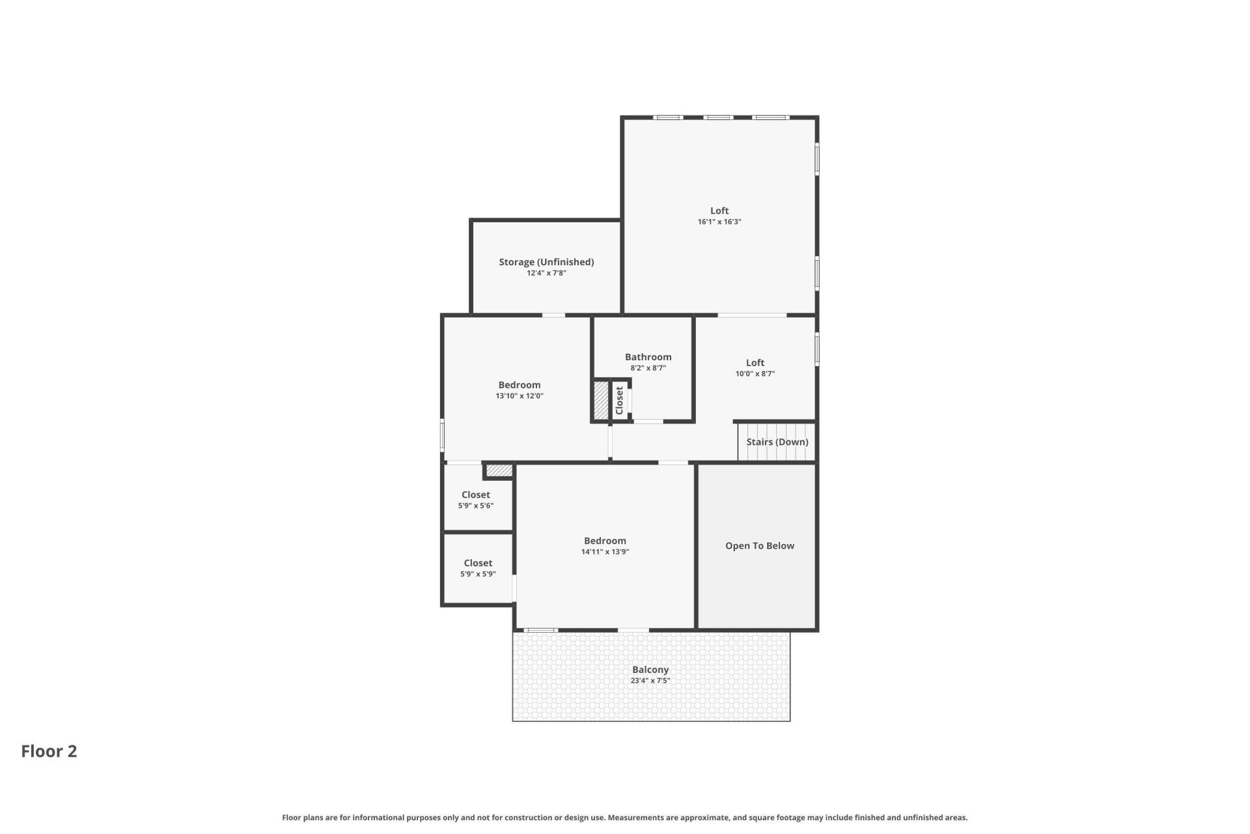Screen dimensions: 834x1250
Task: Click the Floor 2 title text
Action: coord(49,751)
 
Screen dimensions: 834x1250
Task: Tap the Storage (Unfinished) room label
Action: coord(546,262)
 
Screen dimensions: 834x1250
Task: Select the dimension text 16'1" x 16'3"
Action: coord(719,222)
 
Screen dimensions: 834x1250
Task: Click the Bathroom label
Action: coord(648,357)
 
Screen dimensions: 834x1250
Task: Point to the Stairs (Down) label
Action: coord(777,442)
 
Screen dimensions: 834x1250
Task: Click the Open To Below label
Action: coord(759,546)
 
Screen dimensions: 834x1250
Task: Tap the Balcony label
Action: coord(650,670)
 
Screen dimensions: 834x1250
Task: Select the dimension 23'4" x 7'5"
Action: coord(650,681)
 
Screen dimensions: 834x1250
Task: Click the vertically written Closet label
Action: coord(619,400)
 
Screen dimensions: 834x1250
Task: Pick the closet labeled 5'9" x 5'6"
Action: coord(476,500)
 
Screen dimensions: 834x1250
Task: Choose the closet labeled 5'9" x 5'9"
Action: coord(478,568)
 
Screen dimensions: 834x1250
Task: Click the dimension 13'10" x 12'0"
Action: coord(519,396)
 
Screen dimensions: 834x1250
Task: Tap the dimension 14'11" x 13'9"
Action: coord(605,552)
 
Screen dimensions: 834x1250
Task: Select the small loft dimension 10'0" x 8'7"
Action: coord(755,374)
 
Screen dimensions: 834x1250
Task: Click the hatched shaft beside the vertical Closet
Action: coord(600,400)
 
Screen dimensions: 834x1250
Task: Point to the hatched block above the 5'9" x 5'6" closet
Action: coord(499,470)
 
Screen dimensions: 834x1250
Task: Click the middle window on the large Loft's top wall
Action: coord(719,118)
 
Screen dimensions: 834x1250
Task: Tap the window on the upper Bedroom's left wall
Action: coord(443,435)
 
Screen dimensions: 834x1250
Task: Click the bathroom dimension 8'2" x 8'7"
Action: coord(648,368)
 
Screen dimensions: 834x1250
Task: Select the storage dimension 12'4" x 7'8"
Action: coord(546,273)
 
